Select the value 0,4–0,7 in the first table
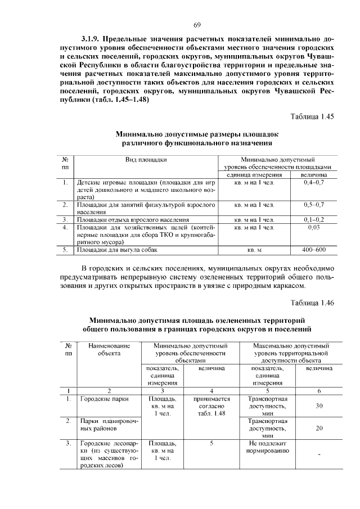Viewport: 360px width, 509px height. [313, 183]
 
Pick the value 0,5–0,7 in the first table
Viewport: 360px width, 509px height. [313, 205]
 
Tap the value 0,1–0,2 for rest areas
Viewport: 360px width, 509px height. [313, 219]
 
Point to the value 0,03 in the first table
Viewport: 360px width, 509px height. [313, 227]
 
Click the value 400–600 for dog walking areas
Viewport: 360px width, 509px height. [313, 249]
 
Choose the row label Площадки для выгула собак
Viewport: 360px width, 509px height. [114, 249]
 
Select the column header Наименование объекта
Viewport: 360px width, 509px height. [109, 349]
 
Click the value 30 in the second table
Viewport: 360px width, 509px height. [319, 406]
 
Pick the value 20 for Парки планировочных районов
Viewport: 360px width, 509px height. [319, 427]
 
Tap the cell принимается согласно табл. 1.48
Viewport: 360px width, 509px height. [211, 406]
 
